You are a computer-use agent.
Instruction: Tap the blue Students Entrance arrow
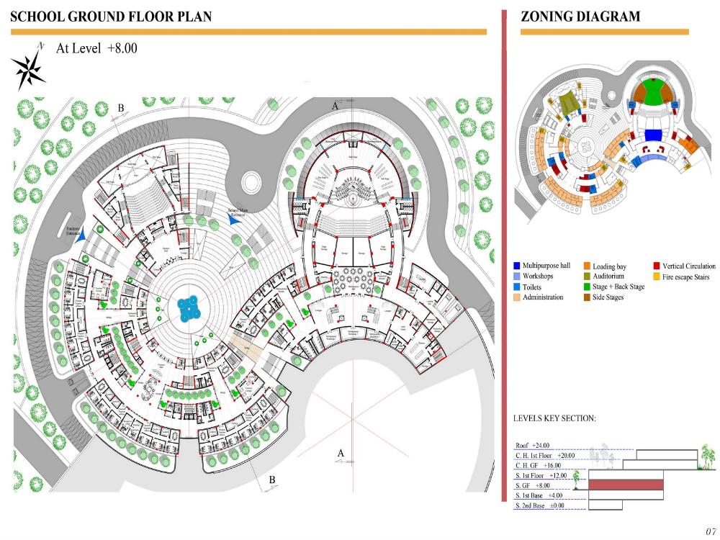click(84, 233)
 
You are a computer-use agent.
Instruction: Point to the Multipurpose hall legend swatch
click(517, 266)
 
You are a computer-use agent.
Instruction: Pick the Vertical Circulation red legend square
click(657, 266)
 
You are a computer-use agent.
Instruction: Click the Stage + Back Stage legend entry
click(618, 287)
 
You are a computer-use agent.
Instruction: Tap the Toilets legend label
click(534, 287)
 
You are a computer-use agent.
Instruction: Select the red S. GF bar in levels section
click(626, 485)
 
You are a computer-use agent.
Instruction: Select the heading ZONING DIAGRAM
click(580, 16)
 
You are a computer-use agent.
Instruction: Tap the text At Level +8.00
click(96, 49)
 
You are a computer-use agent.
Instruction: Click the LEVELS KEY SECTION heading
click(554, 418)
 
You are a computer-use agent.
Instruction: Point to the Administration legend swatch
click(517, 297)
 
